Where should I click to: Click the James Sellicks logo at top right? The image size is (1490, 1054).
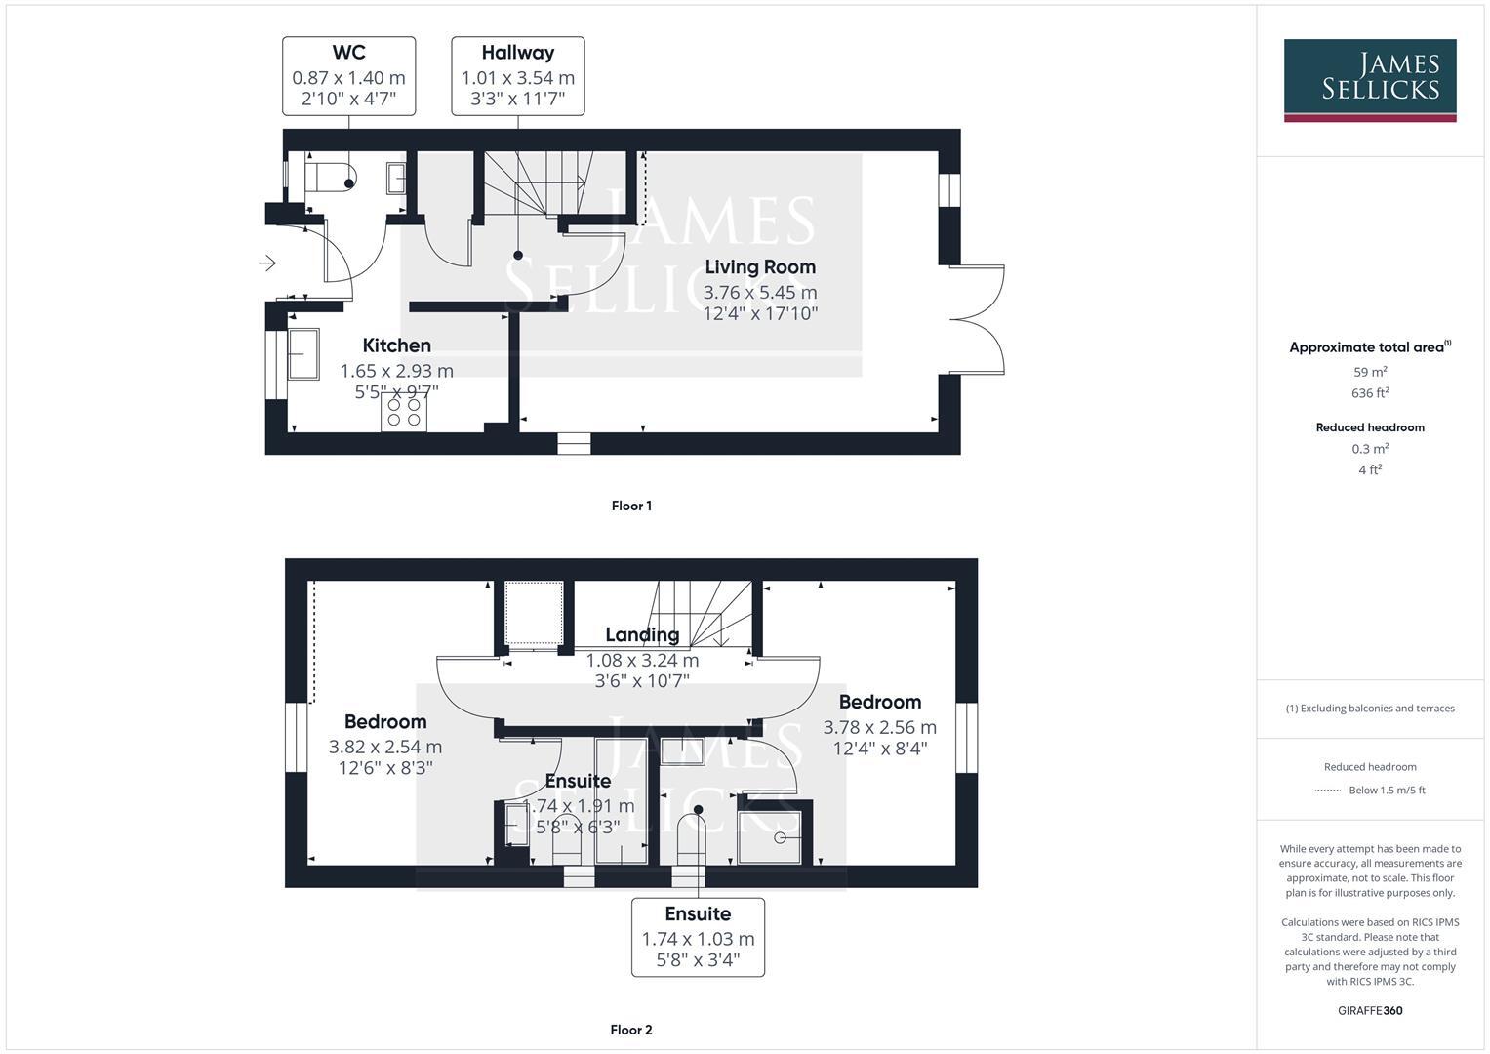click(1369, 79)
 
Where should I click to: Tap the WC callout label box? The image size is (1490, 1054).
click(348, 76)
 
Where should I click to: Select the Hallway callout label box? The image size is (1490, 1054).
click(517, 76)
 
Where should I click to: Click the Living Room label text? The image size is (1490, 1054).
click(759, 266)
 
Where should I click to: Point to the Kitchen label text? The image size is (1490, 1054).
click(396, 345)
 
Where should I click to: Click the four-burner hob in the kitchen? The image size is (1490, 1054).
click(404, 412)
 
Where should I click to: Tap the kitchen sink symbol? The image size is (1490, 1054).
click(302, 353)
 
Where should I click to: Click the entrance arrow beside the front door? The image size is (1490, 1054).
click(267, 263)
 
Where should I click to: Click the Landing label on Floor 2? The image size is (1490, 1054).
click(641, 634)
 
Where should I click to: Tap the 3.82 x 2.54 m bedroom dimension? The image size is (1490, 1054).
click(385, 747)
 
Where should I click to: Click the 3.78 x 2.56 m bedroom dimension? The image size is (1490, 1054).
click(879, 727)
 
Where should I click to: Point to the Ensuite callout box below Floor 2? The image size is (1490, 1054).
click(698, 937)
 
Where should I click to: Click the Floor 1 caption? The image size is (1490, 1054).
click(631, 506)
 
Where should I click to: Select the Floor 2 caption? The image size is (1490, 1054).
click(631, 1030)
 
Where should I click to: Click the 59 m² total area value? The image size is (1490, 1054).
click(1370, 372)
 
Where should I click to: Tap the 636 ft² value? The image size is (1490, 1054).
click(1370, 393)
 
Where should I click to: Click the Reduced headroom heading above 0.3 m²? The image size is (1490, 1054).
click(1370, 427)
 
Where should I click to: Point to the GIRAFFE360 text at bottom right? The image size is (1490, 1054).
click(1370, 1010)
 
